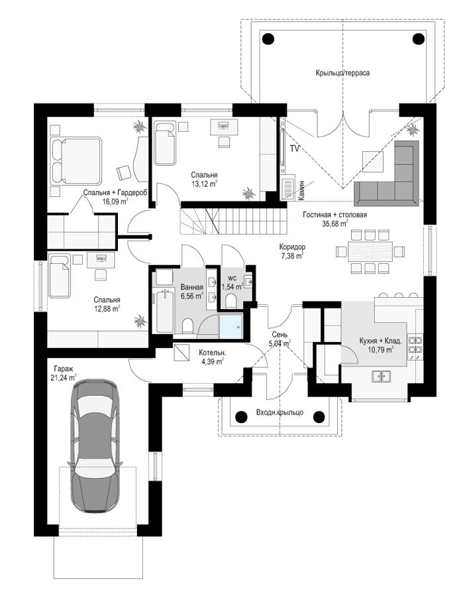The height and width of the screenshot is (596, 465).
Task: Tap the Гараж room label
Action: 63,369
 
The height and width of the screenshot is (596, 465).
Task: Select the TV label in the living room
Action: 294,149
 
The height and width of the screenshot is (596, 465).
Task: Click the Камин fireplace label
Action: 301,190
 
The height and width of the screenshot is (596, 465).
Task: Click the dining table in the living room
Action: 370,251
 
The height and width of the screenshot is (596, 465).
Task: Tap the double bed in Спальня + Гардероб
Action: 76,161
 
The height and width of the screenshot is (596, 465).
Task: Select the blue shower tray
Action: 231,326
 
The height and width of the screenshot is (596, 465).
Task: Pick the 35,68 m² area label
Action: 335,223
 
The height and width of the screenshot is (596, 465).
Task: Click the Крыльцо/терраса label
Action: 342,73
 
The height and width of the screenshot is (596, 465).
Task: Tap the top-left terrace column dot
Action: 268,38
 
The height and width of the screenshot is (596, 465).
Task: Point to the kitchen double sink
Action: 381,376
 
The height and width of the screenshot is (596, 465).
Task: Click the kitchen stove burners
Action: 415,347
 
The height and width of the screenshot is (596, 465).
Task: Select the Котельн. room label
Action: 213,353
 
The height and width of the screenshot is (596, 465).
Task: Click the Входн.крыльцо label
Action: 280,412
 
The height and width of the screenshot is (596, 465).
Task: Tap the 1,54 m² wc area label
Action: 232,286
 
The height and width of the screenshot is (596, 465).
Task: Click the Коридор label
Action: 293,247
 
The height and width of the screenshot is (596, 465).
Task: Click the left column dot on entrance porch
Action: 241,417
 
